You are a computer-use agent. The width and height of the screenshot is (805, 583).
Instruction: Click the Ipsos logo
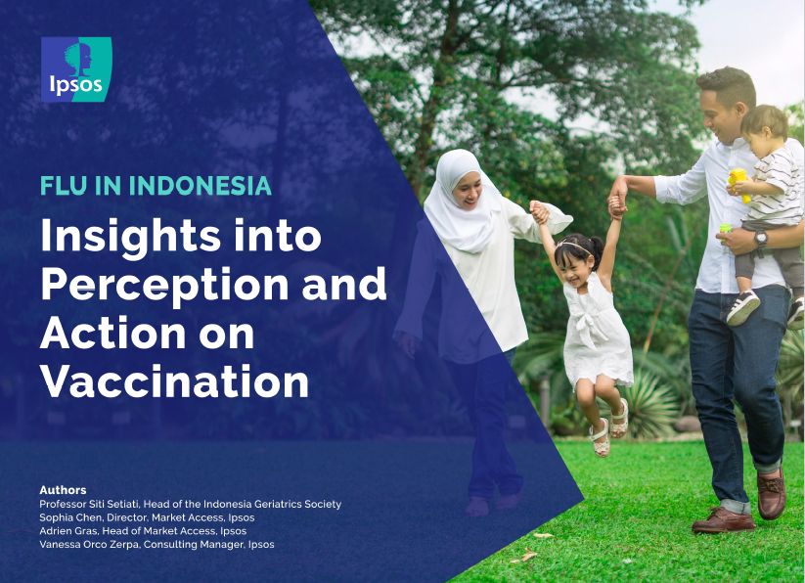(76, 69)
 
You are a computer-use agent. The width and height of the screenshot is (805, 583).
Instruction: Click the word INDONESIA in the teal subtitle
(200, 186)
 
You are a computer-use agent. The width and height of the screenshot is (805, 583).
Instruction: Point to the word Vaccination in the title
(174, 381)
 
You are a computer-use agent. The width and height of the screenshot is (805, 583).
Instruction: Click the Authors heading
(63, 490)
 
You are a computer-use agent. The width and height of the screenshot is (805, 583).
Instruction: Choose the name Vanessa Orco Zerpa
(89, 544)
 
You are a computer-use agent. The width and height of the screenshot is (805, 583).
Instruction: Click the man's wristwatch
(760, 239)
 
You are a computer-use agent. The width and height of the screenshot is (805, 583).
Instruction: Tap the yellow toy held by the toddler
(739, 184)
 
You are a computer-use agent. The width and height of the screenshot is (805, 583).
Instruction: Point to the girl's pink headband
(574, 246)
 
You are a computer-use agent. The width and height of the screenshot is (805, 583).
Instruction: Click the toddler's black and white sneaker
(742, 307)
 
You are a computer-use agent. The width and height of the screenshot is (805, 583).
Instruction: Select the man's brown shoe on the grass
(724, 520)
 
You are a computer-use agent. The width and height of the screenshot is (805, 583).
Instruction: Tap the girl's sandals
(609, 431)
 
